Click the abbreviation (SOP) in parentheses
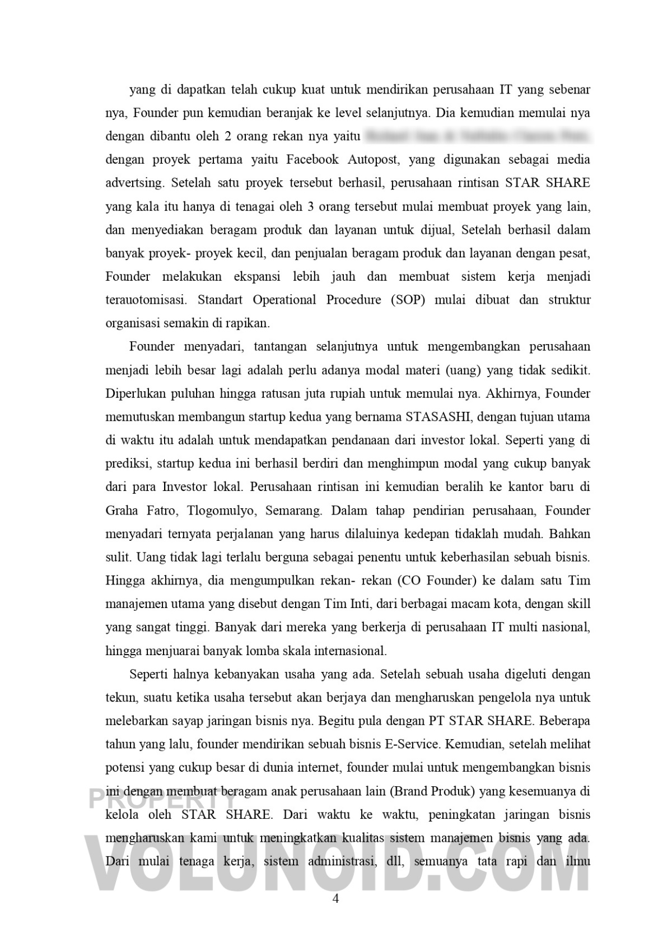coord(407,300)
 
